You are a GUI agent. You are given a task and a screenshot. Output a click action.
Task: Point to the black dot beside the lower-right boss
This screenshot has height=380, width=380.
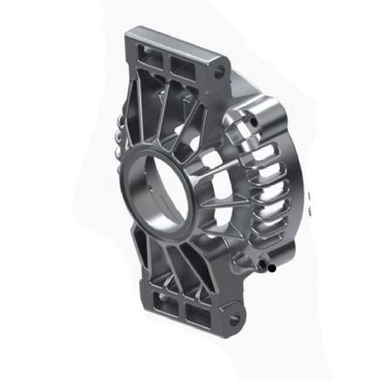273,268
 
